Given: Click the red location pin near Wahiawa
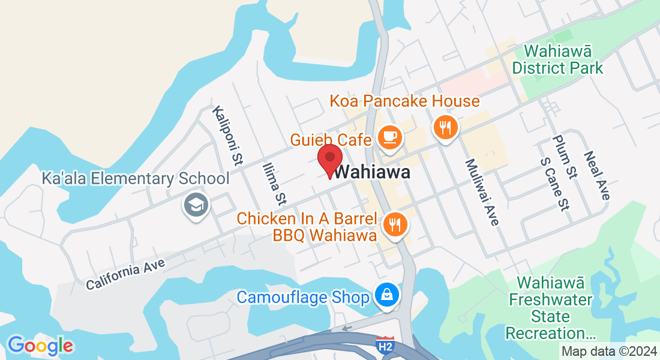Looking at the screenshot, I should pyautogui.click(x=329, y=160).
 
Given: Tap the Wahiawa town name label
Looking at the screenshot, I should pyautogui.click(x=373, y=173).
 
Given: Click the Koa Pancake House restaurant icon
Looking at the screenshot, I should pyautogui.click(x=445, y=128).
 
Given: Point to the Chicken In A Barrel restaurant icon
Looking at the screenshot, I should pyautogui.click(x=395, y=225).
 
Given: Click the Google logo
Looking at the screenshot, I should pyautogui.click(x=40, y=345).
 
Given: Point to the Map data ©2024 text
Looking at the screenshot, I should pyautogui.click(x=608, y=352).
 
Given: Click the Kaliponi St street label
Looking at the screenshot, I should pyautogui.click(x=227, y=136).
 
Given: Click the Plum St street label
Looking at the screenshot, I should pyautogui.click(x=565, y=157).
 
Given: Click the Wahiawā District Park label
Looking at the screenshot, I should pyautogui.click(x=557, y=59).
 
